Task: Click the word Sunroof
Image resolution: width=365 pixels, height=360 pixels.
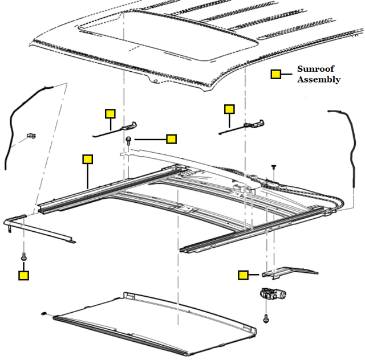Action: (315, 69)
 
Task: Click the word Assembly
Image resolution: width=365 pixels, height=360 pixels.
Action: (319, 80)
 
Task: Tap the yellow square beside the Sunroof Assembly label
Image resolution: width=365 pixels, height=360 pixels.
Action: (275, 75)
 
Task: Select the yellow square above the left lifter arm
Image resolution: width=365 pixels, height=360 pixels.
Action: (110, 113)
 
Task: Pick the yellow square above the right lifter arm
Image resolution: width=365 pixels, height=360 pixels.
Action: (229, 109)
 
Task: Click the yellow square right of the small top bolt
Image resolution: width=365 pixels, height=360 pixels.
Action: (171, 138)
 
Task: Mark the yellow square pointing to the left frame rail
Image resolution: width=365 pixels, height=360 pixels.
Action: (87, 159)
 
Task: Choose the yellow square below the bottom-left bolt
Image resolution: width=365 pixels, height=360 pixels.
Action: (23, 276)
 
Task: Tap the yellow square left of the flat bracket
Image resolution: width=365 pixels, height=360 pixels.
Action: (244, 276)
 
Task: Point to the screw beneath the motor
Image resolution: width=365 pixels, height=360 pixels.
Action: (266, 320)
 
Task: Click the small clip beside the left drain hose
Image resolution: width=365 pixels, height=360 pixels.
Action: (31, 136)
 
